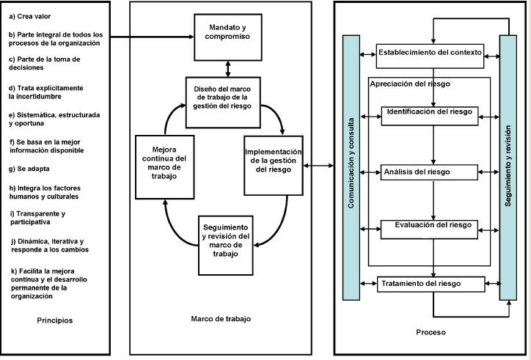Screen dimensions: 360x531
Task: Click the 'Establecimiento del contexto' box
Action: (430, 53)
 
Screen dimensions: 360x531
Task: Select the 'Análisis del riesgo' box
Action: (429, 172)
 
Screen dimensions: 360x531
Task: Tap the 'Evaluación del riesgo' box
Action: (431, 225)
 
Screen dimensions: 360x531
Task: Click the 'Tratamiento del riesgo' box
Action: (431, 284)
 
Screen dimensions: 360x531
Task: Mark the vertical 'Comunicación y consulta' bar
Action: (351, 167)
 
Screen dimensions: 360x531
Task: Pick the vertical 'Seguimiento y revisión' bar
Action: (508, 167)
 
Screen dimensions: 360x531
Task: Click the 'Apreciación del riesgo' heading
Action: (410, 84)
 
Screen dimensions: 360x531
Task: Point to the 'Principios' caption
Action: (55, 320)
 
